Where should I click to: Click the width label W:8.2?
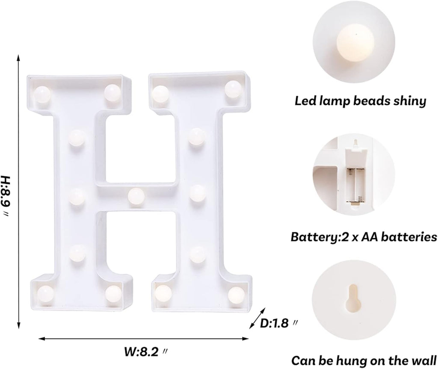(146, 352)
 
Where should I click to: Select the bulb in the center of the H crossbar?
(136, 195)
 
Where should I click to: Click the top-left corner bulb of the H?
(42, 92)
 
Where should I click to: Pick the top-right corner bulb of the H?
(233, 88)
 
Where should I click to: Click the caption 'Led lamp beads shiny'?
(360, 101)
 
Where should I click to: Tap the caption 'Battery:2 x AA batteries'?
(364, 236)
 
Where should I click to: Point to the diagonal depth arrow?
(257, 319)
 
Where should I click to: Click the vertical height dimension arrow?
(18, 190)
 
